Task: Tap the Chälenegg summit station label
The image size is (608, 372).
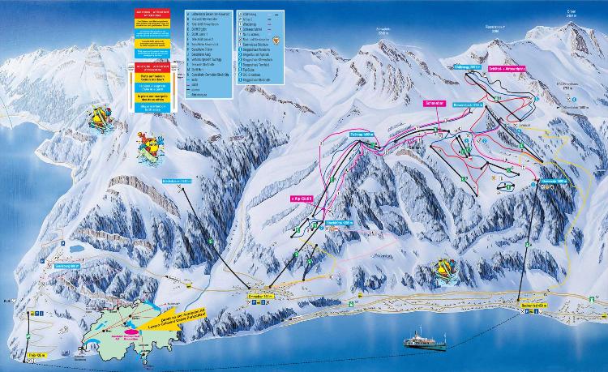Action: [469, 68]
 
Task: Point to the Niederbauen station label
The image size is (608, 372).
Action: [175, 182]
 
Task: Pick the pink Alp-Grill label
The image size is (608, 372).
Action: [302, 196]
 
